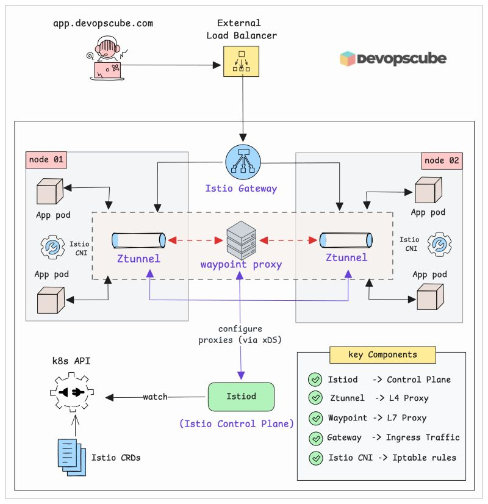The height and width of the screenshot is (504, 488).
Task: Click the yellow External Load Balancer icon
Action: pos(242,60)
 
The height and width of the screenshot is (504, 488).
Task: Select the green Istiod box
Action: pos(241,397)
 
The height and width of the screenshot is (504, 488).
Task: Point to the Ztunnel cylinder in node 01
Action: pos(138,240)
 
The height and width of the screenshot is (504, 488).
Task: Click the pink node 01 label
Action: pos(46,160)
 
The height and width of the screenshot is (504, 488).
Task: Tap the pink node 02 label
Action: pos(442,161)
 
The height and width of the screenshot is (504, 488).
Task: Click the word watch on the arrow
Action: pos(155,397)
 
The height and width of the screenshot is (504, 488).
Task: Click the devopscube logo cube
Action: pos(348,59)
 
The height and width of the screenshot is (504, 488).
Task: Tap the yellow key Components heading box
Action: pos(382,355)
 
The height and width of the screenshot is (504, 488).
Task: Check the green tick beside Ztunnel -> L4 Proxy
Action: pos(315,398)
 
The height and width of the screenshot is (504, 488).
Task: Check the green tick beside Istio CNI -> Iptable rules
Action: pos(315,458)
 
